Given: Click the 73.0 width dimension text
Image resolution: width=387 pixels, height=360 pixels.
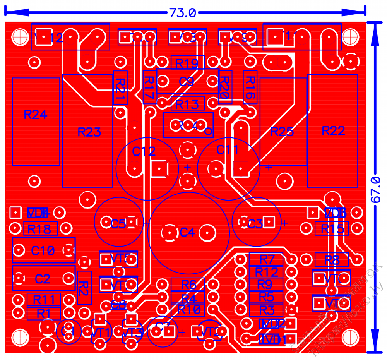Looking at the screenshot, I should [182, 13].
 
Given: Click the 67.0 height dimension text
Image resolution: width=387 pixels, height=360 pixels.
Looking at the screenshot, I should [375, 190].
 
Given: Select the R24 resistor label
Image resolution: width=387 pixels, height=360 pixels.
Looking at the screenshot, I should [35, 115].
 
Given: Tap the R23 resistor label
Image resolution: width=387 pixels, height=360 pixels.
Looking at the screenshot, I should [89, 132].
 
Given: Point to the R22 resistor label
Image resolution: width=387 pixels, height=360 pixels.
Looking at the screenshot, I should [333, 131].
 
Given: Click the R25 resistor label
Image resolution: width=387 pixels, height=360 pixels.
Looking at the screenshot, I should [282, 132].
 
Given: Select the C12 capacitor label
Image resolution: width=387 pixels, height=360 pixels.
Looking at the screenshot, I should [144, 151].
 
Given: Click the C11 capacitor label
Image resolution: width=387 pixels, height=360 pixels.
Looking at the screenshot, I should [228, 149].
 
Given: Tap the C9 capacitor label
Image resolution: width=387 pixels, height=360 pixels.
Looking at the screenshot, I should [186, 82].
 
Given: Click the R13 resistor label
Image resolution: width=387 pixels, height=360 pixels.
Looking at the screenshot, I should [187, 104].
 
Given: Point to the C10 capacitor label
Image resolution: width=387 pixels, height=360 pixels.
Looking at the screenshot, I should [43, 251].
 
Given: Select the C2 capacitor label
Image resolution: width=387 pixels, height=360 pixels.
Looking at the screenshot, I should [43, 279].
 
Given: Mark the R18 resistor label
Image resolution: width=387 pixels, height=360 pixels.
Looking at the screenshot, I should [39, 229].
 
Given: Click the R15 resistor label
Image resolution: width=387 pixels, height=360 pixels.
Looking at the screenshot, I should [332, 229].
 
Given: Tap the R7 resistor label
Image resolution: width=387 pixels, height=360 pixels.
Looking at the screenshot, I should [267, 259].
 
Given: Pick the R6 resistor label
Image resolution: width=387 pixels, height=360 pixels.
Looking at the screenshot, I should [188, 285].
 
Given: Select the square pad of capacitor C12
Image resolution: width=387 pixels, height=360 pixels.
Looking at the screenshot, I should [159, 168].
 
